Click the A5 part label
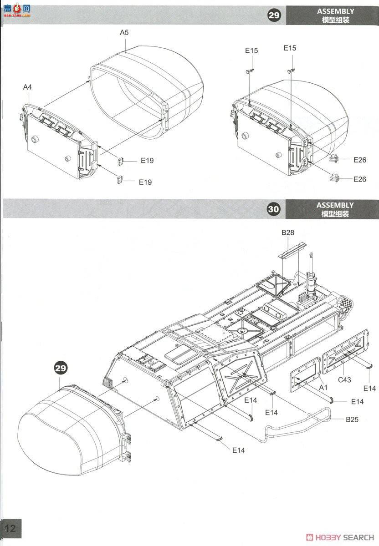click(x=124, y=32)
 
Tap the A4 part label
click(x=28, y=86)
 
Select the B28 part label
click(x=287, y=233)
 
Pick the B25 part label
click(x=352, y=420)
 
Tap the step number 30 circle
click(x=273, y=209)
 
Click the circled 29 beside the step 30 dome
click(x=61, y=368)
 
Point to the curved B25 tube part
click(x=296, y=425)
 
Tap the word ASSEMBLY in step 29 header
click(x=335, y=11)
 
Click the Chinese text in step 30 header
click(x=335, y=214)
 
